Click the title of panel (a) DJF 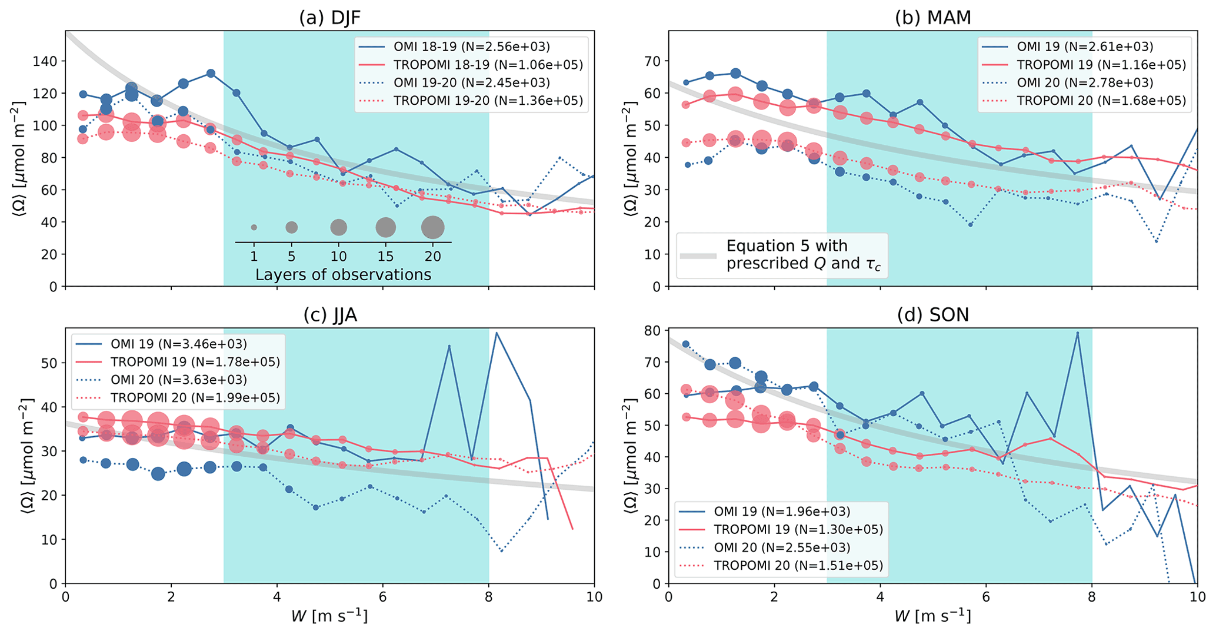329,18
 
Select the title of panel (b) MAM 933,18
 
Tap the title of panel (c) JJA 329,315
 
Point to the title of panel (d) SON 933,315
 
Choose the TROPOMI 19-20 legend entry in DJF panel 488,101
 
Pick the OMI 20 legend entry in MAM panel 1085,83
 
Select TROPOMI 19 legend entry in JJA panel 195,361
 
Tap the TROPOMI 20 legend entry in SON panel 798,566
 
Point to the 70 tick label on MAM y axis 653,61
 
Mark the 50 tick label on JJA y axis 49,363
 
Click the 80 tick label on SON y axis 653,330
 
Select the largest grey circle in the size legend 432,227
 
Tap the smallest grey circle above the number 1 254,227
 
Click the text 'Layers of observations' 343,275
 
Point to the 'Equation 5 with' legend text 787,246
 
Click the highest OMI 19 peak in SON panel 1077,333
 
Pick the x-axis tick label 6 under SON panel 986,597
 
